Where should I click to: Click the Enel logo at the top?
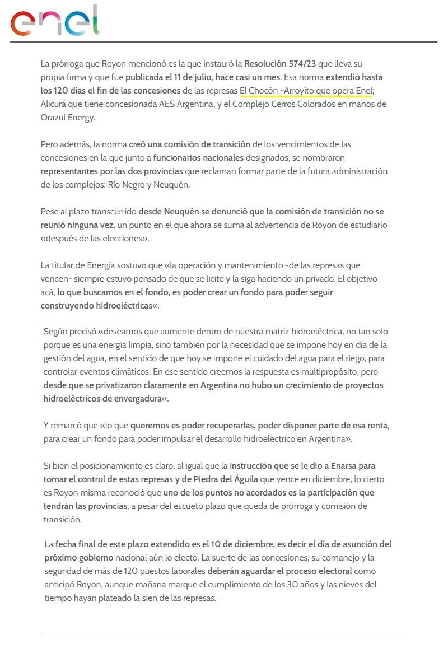tap(54, 22)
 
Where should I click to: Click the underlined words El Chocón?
tap(258, 91)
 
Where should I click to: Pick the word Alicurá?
tap(55, 104)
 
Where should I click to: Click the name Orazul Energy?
tap(68, 118)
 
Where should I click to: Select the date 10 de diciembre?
tap(244, 544)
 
